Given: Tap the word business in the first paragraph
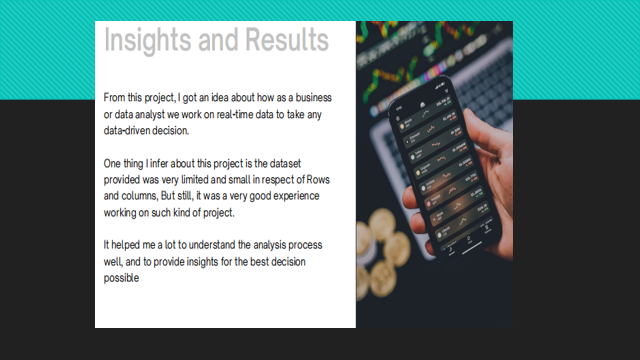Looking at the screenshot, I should tap(310, 98).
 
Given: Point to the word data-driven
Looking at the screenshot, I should tap(134, 131).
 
